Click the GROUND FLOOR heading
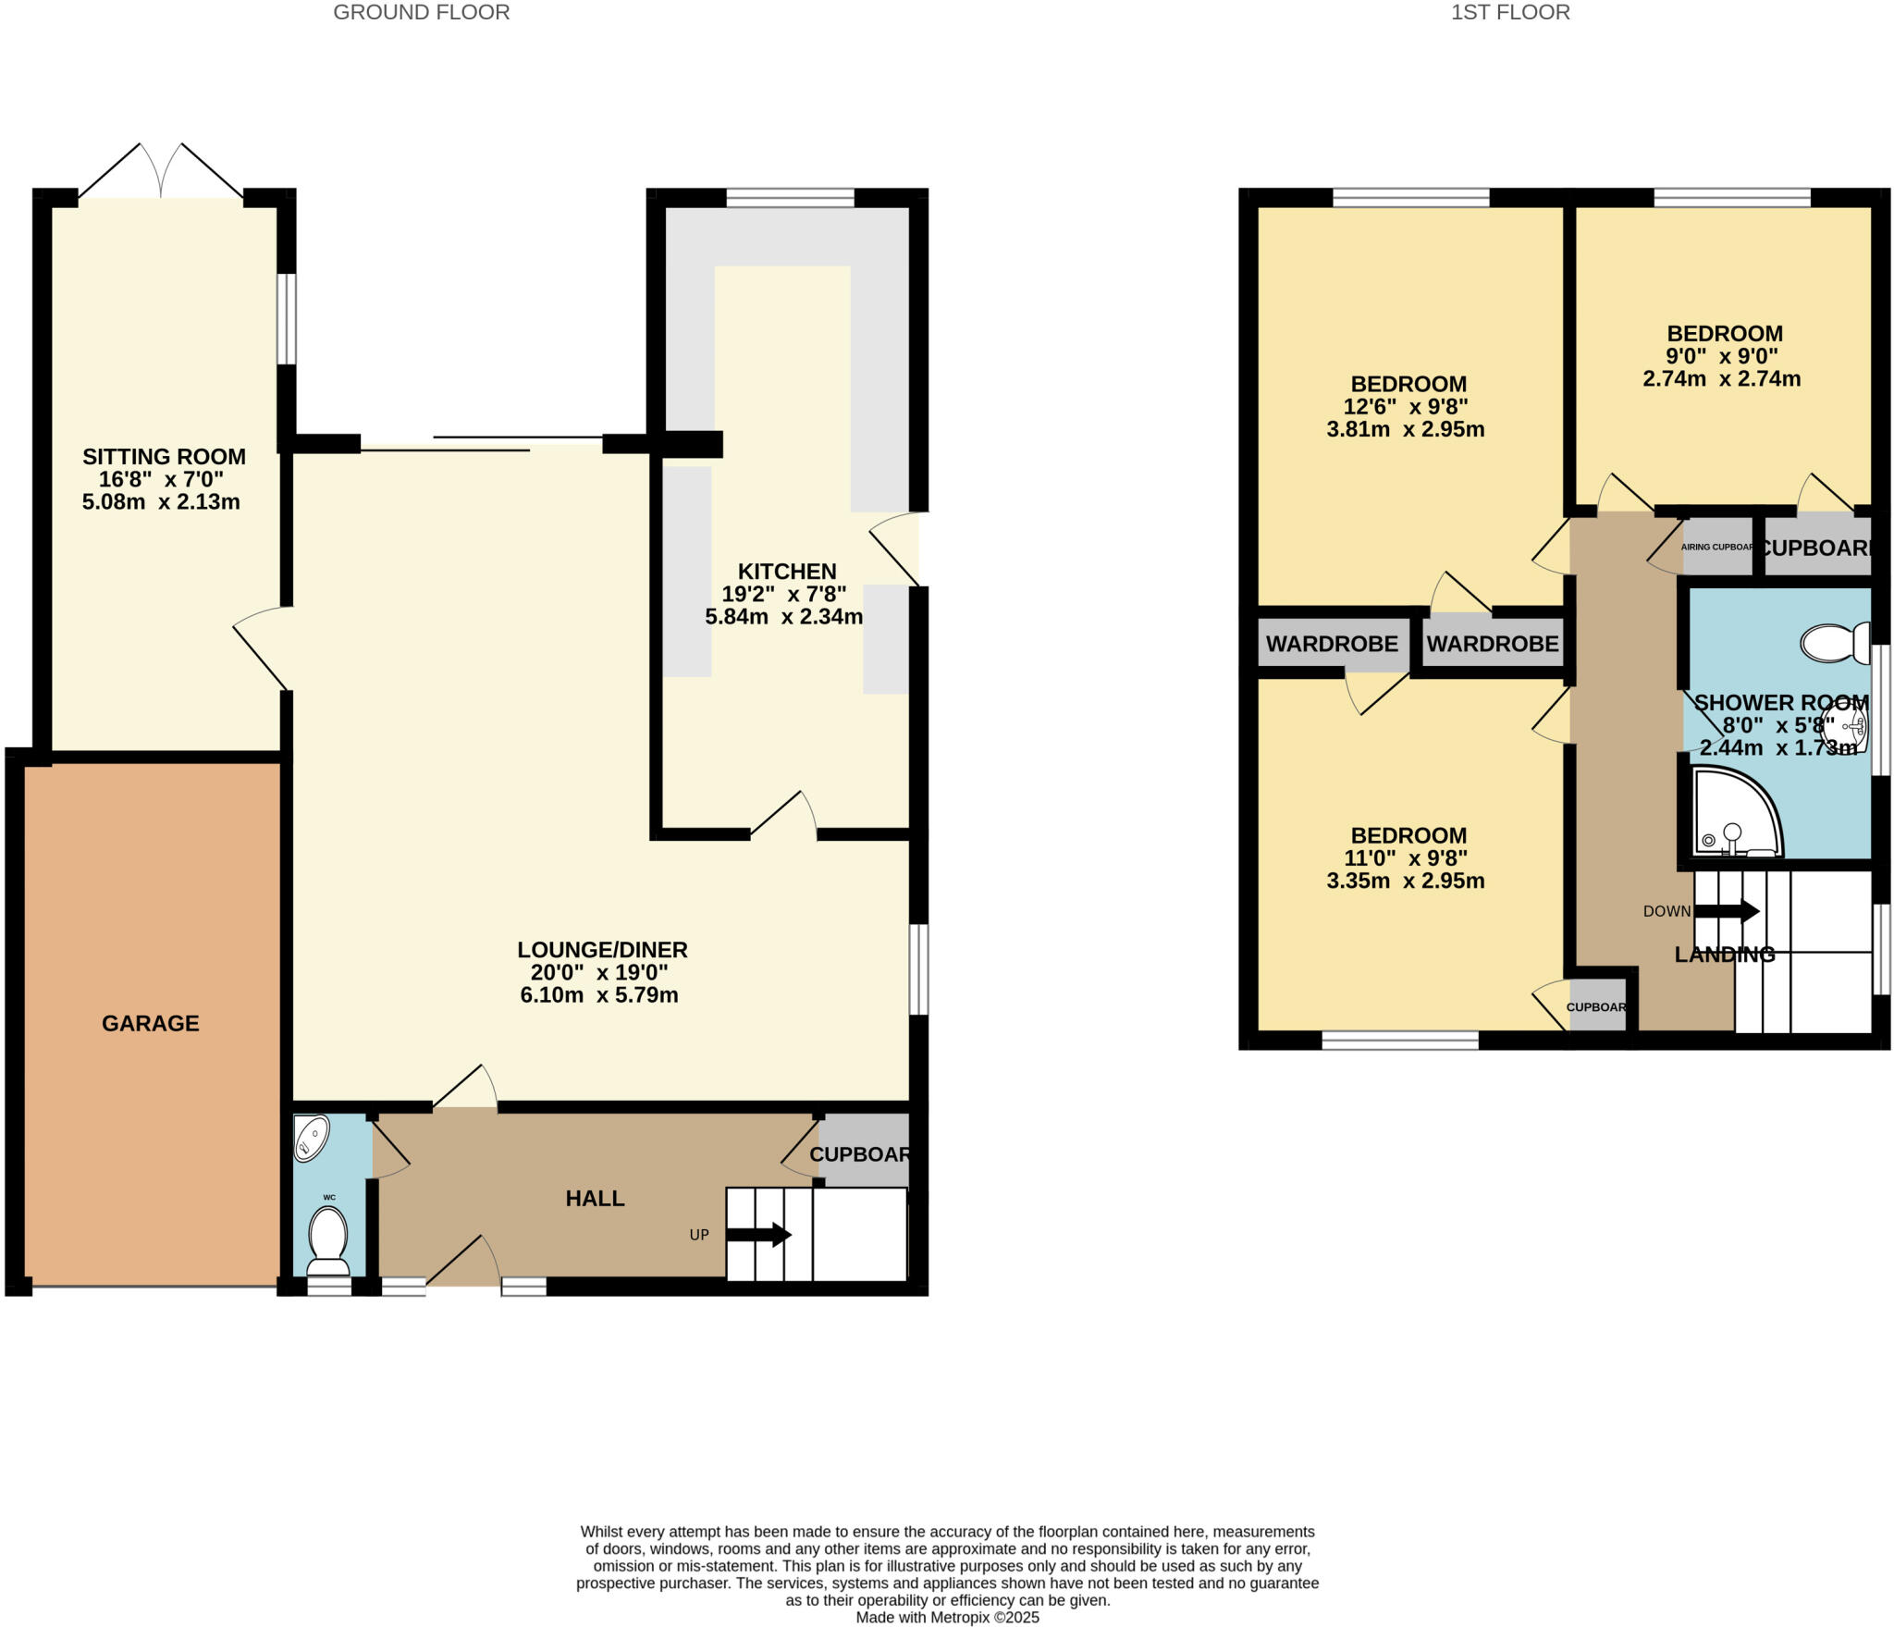tap(421, 12)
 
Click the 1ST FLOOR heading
tap(1510, 12)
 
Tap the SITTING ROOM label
tap(164, 456)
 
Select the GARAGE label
tap(151, 1023)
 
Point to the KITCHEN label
tap(786, 572)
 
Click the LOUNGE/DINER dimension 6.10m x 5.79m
tap(599, 995)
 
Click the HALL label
tap(595, 1199)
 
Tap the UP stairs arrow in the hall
tap(758, 1235)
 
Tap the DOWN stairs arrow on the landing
tap(1727, 911)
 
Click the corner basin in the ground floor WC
tap(311, 1138)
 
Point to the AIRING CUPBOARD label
tap(1716, 548)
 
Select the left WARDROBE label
tap(1332, 644)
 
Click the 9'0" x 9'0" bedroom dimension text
tap(1722, 356)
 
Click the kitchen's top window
tap(790, 197)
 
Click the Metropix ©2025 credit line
tap(947, 1618)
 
